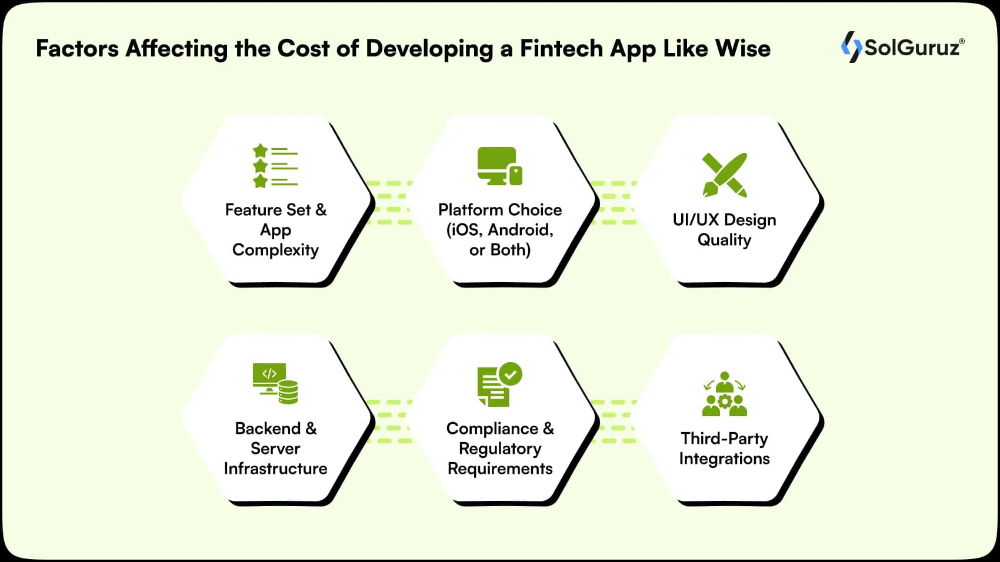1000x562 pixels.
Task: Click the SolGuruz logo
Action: pyautogui.click(x=902, y=47)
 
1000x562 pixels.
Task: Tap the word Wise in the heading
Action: pyautogui.click(x=742, y=48)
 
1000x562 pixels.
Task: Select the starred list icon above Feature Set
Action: pyautogui.click(x=275, y=166)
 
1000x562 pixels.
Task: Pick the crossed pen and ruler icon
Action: pyautogui.click(x=725, y=175)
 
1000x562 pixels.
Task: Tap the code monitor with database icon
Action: pyautogui.click(x=275, y=383)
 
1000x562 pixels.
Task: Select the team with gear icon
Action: pyautogui.click(x=725, y=394)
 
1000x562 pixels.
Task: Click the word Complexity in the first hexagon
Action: pyautogui.click(x=275, y=250)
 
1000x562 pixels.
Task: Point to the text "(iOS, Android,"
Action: pyautogui.click(x=500, y=230)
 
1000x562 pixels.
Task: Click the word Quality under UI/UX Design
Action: pyautogui.click(x=724, y=240)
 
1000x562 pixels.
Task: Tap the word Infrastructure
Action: pyautogui.click(x=275, y=469)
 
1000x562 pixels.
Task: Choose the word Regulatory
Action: pyautogui.click(x=500, y=449)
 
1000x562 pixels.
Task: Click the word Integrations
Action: pyautogui.click(x=724, y=459)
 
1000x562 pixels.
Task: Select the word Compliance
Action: pyautogui.click(x=492, y=429)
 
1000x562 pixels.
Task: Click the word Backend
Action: pyautogui.click(x=268, y=429)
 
